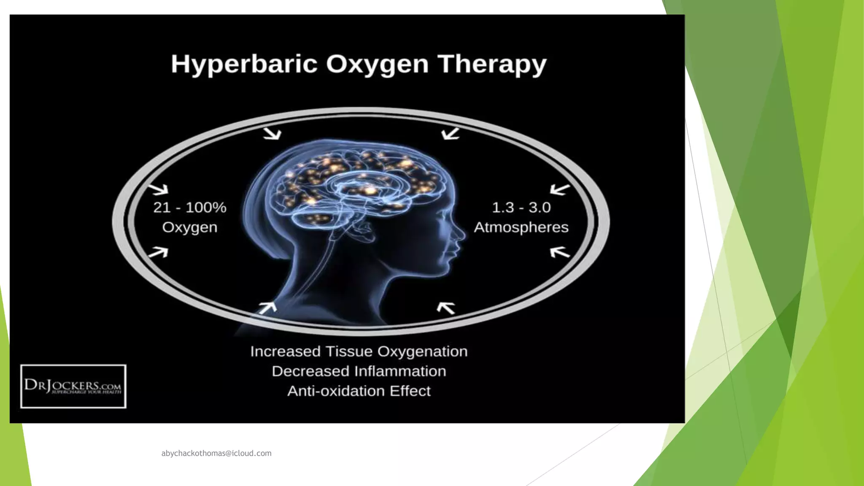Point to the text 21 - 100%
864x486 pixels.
coord(190,208)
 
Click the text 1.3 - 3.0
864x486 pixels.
coord(521,208)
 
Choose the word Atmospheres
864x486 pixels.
coord(521,227)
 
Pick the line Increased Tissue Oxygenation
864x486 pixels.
coord(359,351)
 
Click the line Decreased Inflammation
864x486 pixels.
coord(359,371)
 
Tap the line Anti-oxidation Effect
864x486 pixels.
coord(359,391)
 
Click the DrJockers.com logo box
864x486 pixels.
coord(73,386)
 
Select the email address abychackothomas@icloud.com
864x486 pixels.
coord(216,454)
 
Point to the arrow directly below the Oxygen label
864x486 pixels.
coord(159,252)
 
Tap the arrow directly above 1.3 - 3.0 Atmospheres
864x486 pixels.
coord(559,189)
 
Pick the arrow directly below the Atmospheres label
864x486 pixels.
coord(560,252)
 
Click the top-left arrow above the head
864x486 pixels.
coord(272,134)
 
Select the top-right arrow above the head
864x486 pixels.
coord(450,134)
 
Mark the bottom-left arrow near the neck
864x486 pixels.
coord(267,308)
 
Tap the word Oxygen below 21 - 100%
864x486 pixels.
coord(190,227)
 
